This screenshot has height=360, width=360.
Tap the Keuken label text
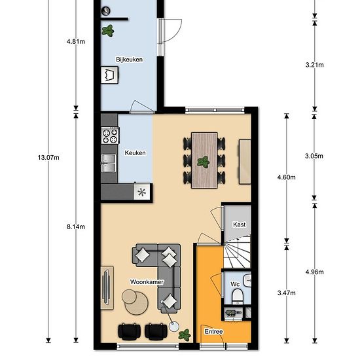tap(135, 153)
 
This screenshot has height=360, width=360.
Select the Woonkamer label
tap(146, 282)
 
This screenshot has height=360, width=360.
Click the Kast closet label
tap(240, 225)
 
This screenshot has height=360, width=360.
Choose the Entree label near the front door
tap(214, 332)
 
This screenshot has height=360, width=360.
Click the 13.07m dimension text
tap(48, 157)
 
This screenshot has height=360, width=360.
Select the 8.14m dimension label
tap(76, 227)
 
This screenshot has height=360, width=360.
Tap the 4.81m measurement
tap(76, 41)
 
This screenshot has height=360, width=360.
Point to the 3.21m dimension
tap(315, 65)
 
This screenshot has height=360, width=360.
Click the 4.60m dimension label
tap(286, 177)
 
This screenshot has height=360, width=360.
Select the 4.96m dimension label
tap(315, 271)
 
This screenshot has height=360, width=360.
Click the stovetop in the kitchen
tap(109, 136)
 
